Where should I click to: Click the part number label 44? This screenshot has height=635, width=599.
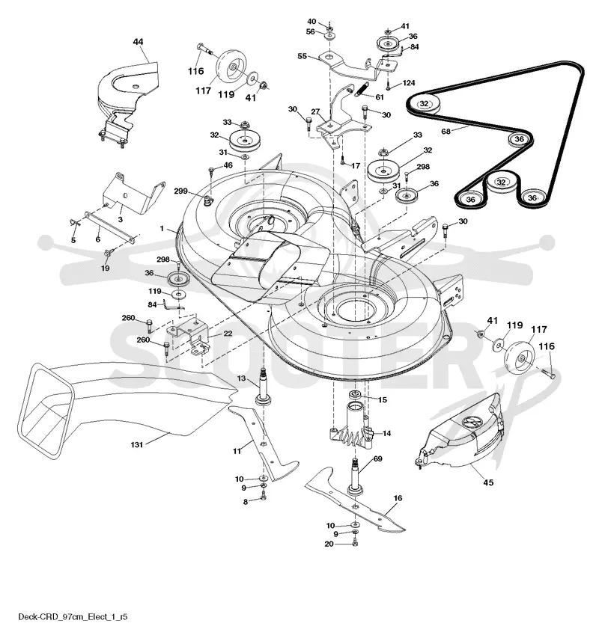coord(138,42)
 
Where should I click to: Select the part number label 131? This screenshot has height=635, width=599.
coord(137,445)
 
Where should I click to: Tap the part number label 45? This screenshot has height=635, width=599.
coord(488,482)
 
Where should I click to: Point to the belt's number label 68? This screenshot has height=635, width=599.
coord(446,131)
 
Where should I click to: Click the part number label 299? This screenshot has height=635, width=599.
coord(180,191)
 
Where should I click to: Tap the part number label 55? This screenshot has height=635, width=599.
coord(302,56)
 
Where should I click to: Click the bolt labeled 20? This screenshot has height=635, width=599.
coord(355,542)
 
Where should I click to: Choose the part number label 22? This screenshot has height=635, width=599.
coord(228,333)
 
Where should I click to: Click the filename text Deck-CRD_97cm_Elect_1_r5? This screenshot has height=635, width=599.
coord(73,617)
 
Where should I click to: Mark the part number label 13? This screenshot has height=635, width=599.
coord(242,378)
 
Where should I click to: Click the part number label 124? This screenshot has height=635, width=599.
coord(409,83)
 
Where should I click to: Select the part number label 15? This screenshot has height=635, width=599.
coord(382,399)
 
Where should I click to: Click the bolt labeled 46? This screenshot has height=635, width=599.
coord(211,172)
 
